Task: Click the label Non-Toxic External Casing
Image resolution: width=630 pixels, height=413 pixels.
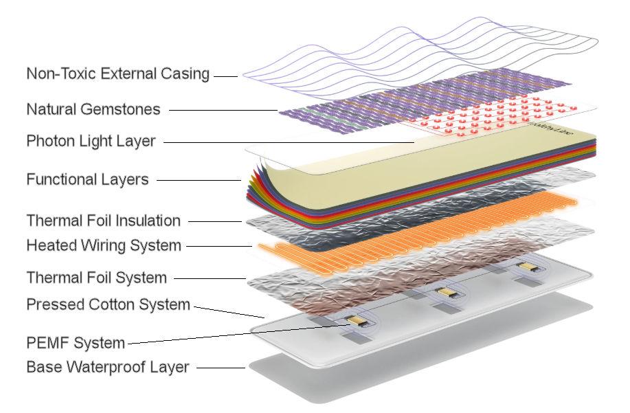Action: pos(117,74)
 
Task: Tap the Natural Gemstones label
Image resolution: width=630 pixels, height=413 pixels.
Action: pos(93,109)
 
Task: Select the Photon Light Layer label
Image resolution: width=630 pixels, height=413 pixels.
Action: pos(91,142)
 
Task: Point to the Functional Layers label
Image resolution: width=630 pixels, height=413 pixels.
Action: pos(87,180)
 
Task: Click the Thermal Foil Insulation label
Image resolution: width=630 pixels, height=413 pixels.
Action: pos(103,221)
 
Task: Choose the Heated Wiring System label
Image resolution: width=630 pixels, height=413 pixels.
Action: pos(103,245)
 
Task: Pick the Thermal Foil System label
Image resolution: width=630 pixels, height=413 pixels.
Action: pos(96,278)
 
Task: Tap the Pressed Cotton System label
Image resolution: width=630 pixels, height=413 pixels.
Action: pos(108,304)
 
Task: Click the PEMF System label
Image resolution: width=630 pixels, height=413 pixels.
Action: pos(76,342)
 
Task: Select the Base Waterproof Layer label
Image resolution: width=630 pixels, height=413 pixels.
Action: pos(107,367)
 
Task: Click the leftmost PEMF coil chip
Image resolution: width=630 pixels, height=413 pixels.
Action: pos(356,320)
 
